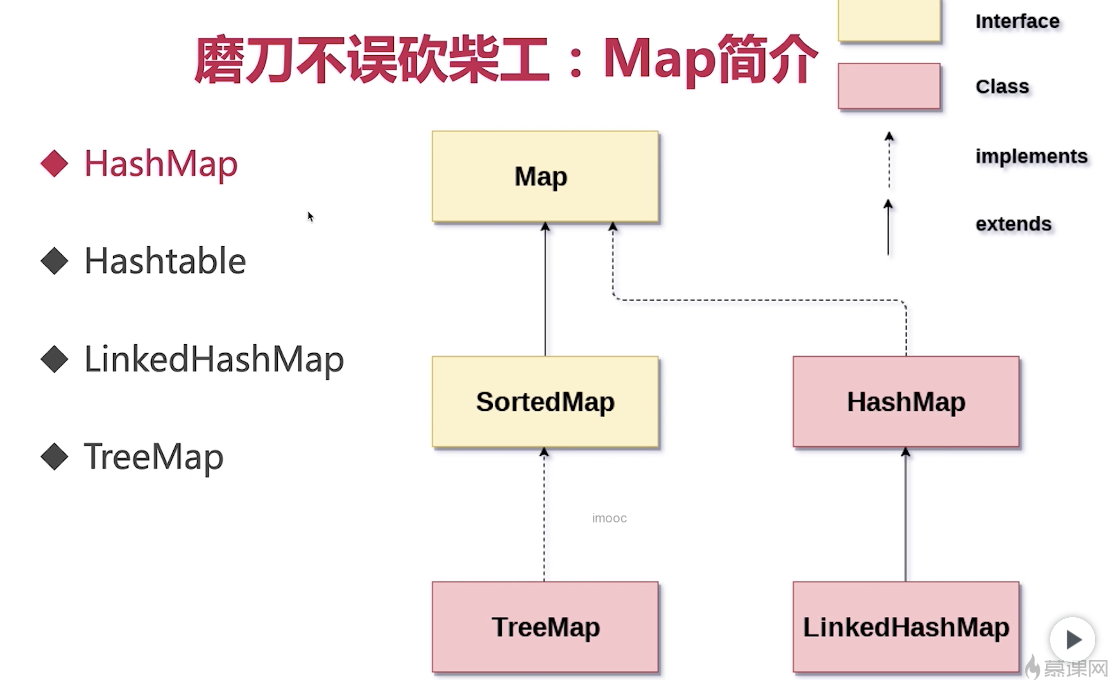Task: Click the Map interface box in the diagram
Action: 545,176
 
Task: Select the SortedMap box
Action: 545,401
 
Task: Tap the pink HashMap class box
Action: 905,401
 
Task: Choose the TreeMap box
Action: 545,627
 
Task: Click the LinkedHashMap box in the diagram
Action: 905,627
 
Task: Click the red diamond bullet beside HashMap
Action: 54,163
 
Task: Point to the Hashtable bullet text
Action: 165,261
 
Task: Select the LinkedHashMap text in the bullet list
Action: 214,359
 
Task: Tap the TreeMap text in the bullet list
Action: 154,457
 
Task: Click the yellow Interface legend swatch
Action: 889,21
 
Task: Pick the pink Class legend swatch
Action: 889,86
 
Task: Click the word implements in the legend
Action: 1031,156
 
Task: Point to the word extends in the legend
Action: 1013,224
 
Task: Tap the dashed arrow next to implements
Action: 889,162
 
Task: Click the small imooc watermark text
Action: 609,518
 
